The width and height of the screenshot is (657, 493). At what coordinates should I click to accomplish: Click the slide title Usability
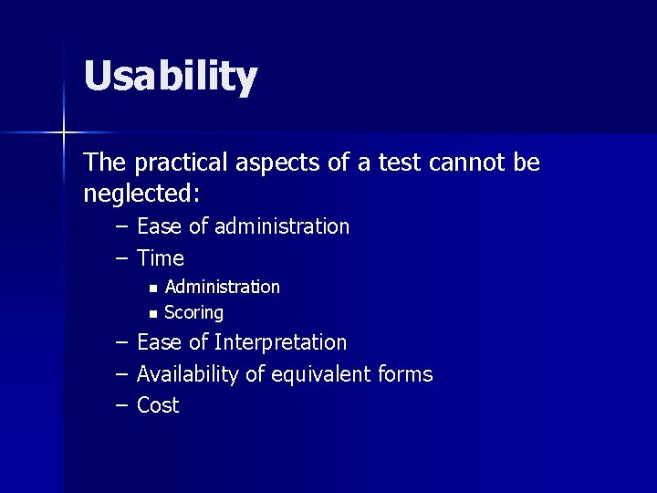pyautogui.click(x=171, y=77)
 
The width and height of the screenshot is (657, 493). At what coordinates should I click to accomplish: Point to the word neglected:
pyautogui.click(x=142, y=194)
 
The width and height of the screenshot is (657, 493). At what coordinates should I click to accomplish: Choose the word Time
pyautogui.click(x=161, y=258)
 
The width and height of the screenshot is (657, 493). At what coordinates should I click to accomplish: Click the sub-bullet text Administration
pyautogui.click(x=222, y=287)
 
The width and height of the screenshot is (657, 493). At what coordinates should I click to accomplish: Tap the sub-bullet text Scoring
pyautogui.click(x=193, y=313)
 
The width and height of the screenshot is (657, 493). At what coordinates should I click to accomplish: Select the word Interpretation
pyautogui.click(x=280, y=342)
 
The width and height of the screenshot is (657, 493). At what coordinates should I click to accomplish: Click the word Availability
pyautogui.click(x=187, y=374)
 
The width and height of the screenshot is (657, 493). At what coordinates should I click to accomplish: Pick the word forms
pyautogui.click(x=404, y=374)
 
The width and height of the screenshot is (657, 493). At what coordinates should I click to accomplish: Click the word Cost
pyautogui.click(x=158, y=405)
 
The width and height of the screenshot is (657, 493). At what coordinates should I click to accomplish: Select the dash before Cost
pyautogui.click(x=121, y=405)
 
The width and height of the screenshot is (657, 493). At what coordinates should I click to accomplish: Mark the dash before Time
pyautogui.click(x=121, y=258)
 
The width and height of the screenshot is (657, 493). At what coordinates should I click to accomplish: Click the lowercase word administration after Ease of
pyautogui.click(x=282, y=226)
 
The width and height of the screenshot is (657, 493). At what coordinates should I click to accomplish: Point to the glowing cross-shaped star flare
pyautogui.click(x=64, y=133)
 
